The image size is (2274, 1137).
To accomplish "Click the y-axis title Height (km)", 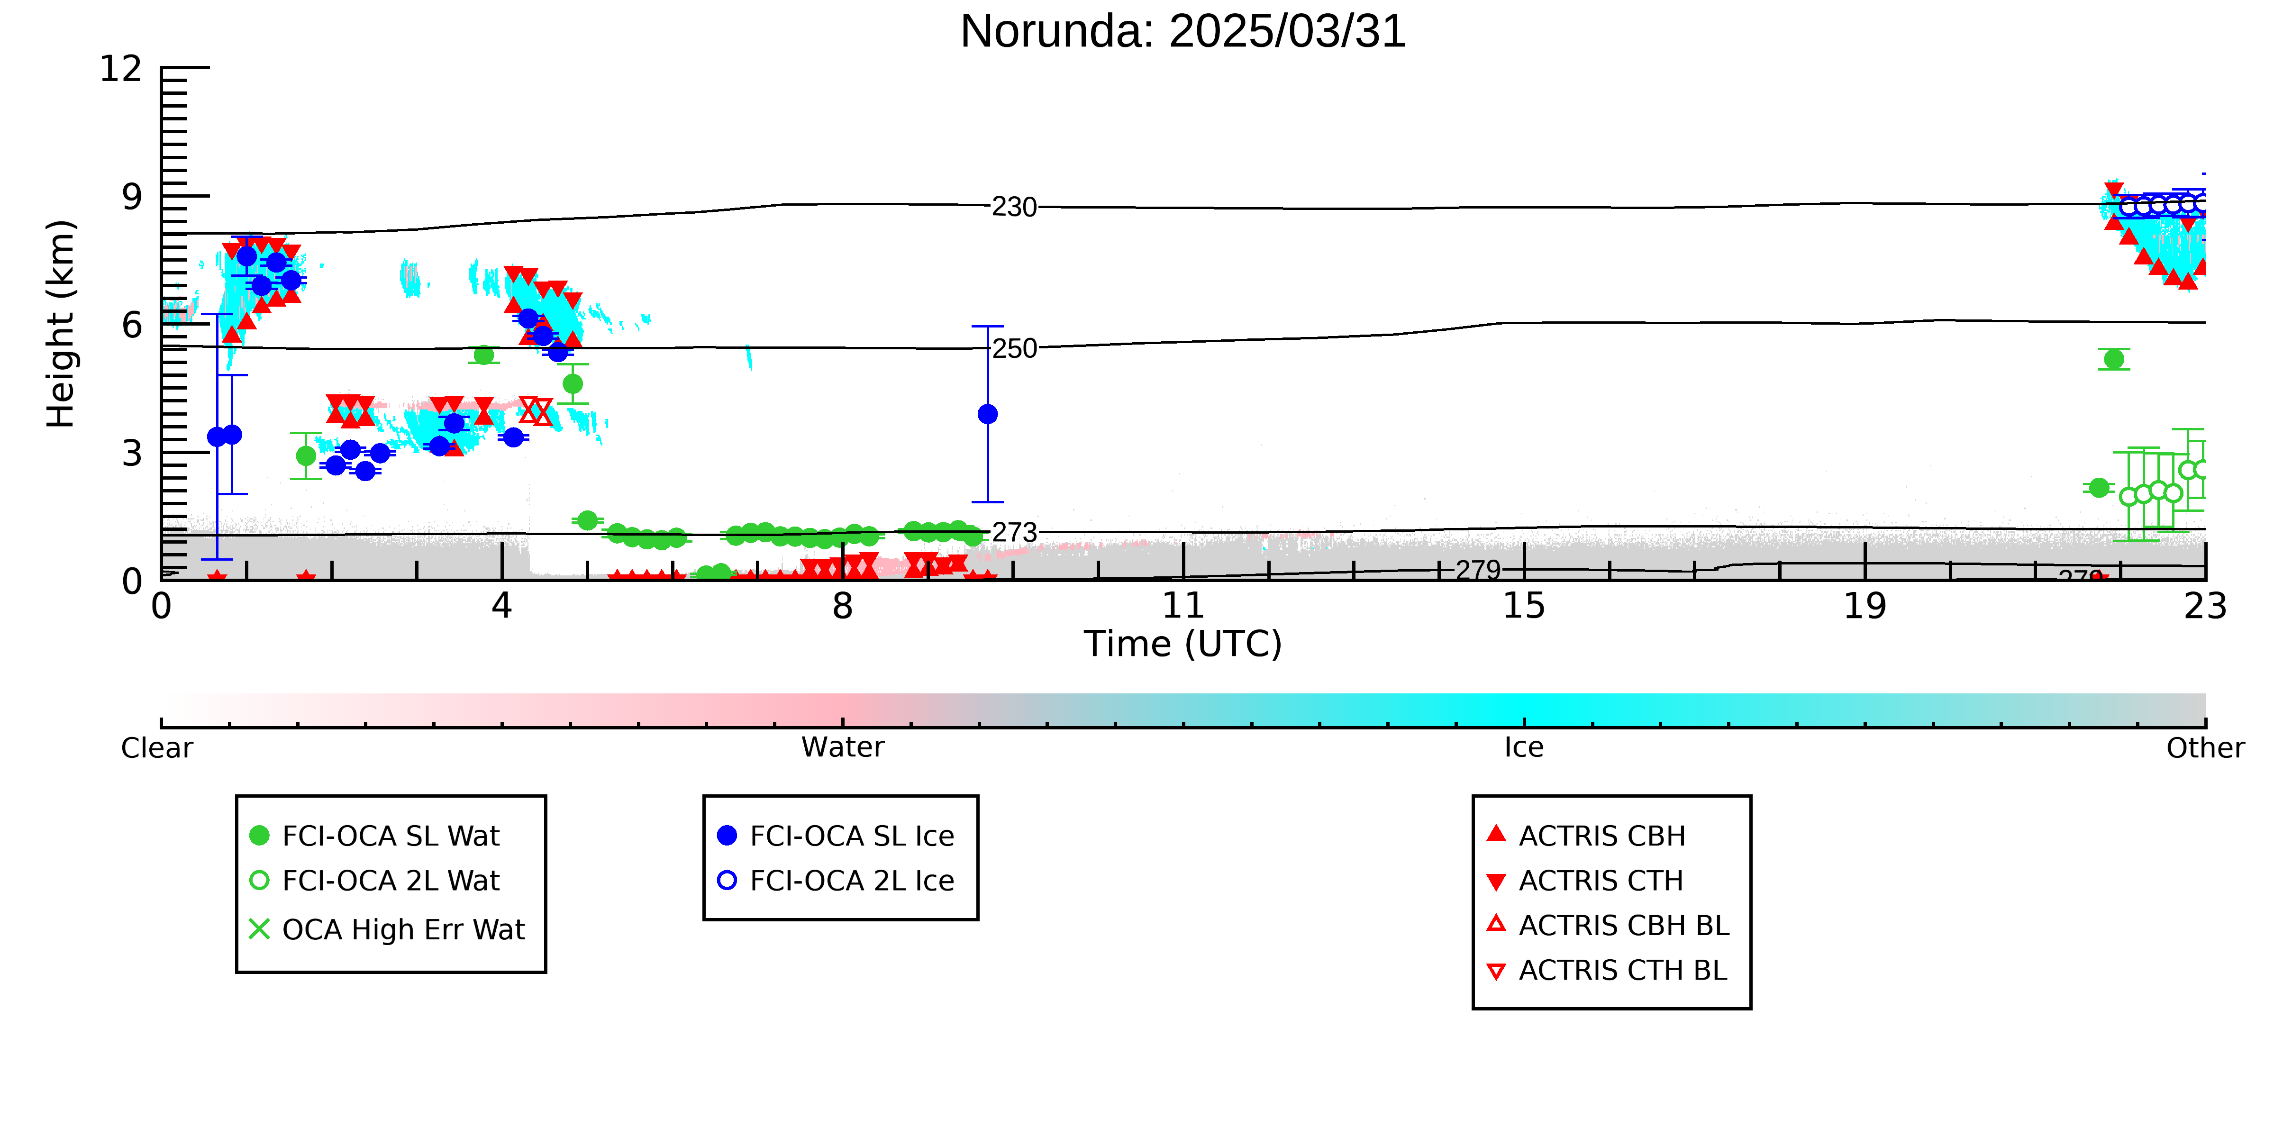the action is click(61, 324).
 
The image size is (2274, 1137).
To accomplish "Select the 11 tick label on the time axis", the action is click(1183, 607).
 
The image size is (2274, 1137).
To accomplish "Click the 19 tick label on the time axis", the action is click(1865, 607).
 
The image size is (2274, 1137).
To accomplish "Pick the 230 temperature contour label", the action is click(1014, 208).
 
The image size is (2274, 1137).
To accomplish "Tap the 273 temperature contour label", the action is click(1014, 533).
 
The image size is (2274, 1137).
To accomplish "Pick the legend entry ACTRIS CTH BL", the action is click(1607, 970).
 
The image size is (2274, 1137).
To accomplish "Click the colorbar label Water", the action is click(842, 748).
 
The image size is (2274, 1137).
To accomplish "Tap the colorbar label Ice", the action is click(1524, 748).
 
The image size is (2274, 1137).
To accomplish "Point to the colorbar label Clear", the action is click(157, 748).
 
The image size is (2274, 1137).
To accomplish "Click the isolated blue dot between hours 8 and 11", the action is click(988, 414).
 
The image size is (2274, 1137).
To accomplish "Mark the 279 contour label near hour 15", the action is click(1479, 570).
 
